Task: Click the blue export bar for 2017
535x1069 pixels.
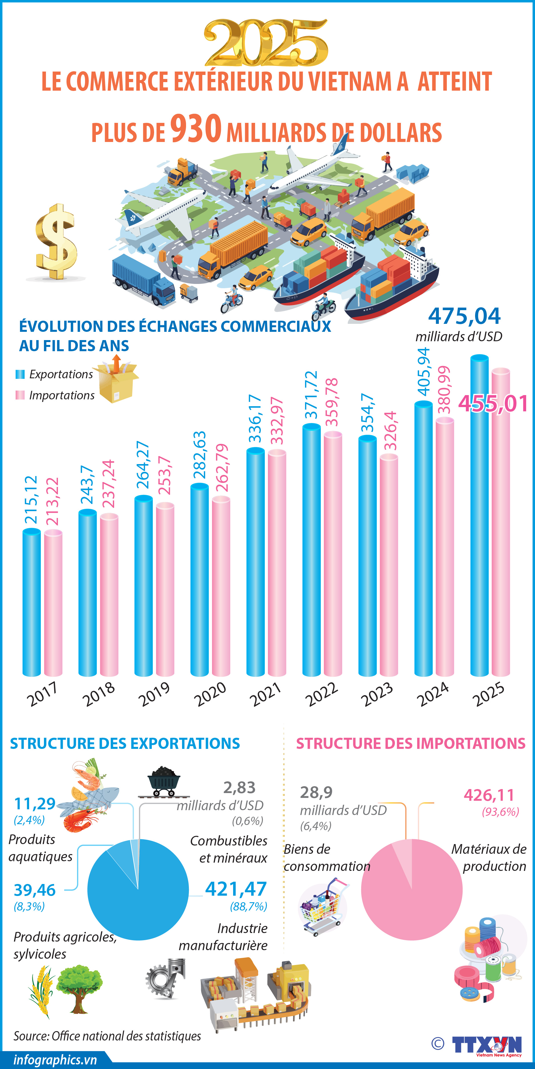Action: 32,602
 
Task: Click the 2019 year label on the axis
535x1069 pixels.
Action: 154,694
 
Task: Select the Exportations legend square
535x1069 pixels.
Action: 20,374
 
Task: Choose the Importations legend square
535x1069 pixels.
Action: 20,395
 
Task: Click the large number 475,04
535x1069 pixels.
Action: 465,316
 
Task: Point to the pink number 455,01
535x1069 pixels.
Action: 493,403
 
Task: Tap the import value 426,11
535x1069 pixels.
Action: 489,795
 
